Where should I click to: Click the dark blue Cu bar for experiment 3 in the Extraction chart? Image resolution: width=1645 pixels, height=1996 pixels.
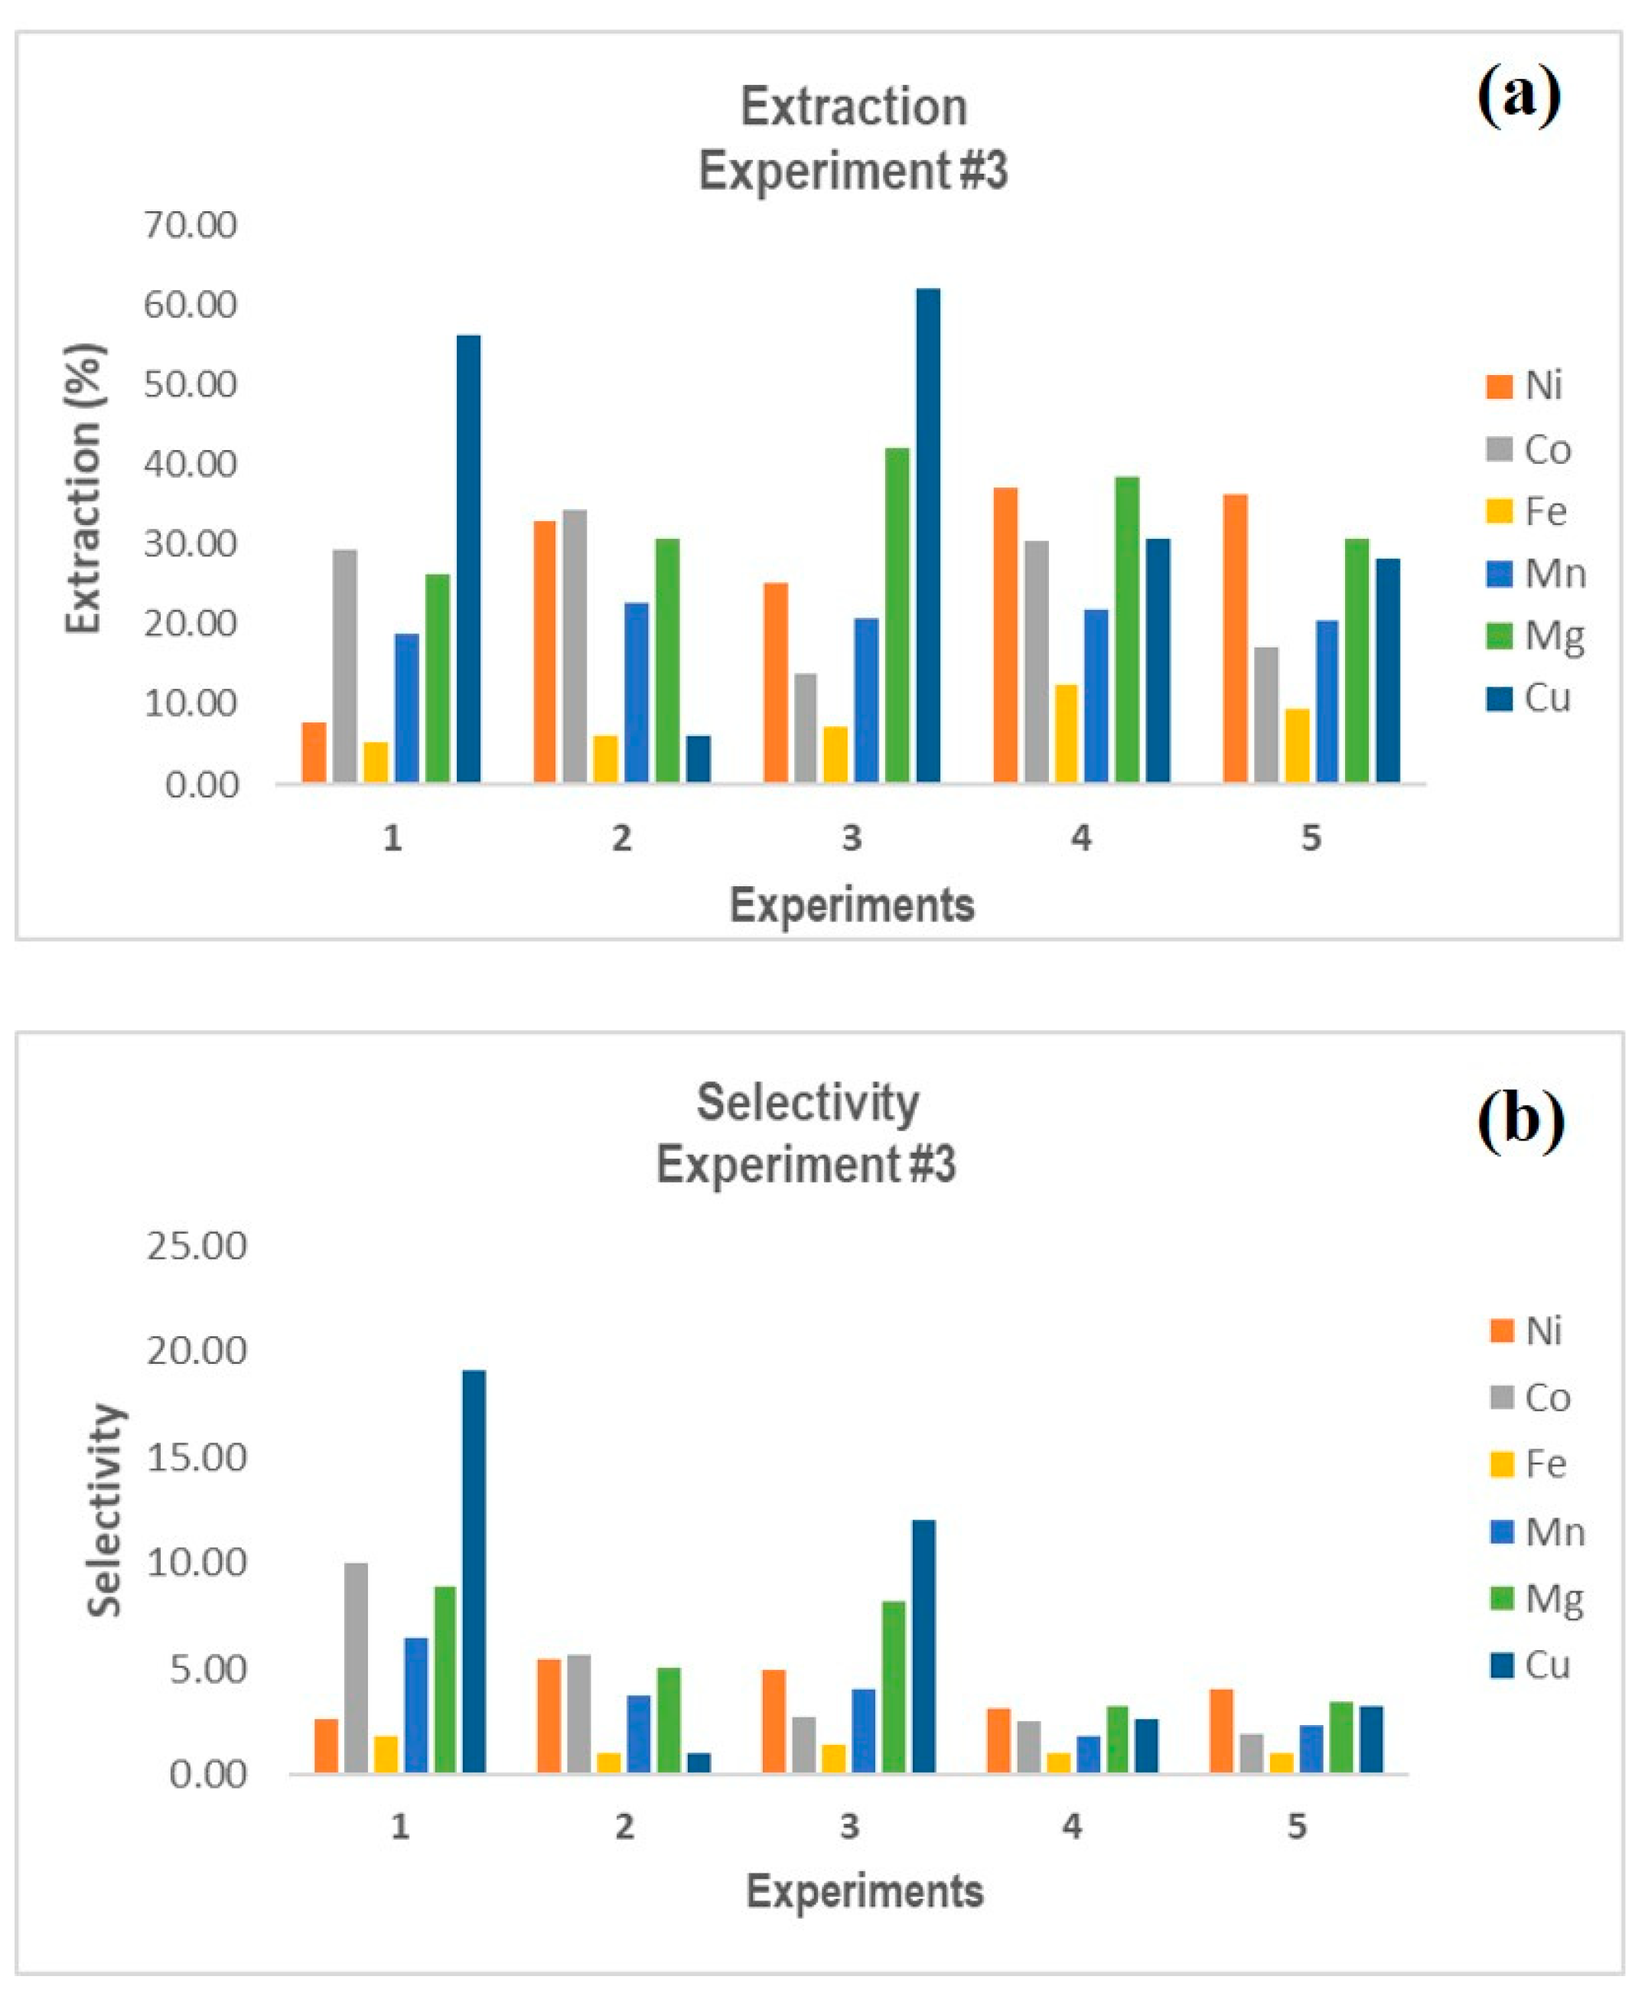coord(927,536)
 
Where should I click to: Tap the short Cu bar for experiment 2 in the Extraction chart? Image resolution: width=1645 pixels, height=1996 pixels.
coord(699,759)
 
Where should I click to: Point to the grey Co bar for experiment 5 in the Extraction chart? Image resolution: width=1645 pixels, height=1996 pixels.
coord(1266,715)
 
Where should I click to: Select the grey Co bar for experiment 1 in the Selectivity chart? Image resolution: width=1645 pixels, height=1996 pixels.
coord(357,1668)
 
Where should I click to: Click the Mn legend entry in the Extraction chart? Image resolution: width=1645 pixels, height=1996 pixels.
coord(1535,573)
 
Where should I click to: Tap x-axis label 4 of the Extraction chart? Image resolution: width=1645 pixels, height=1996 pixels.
coord(1081,838)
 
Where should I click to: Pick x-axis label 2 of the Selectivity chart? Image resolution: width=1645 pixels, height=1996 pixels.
coord(624,1826)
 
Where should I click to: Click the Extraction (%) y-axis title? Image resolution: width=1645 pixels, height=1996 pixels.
coord(83,488)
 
